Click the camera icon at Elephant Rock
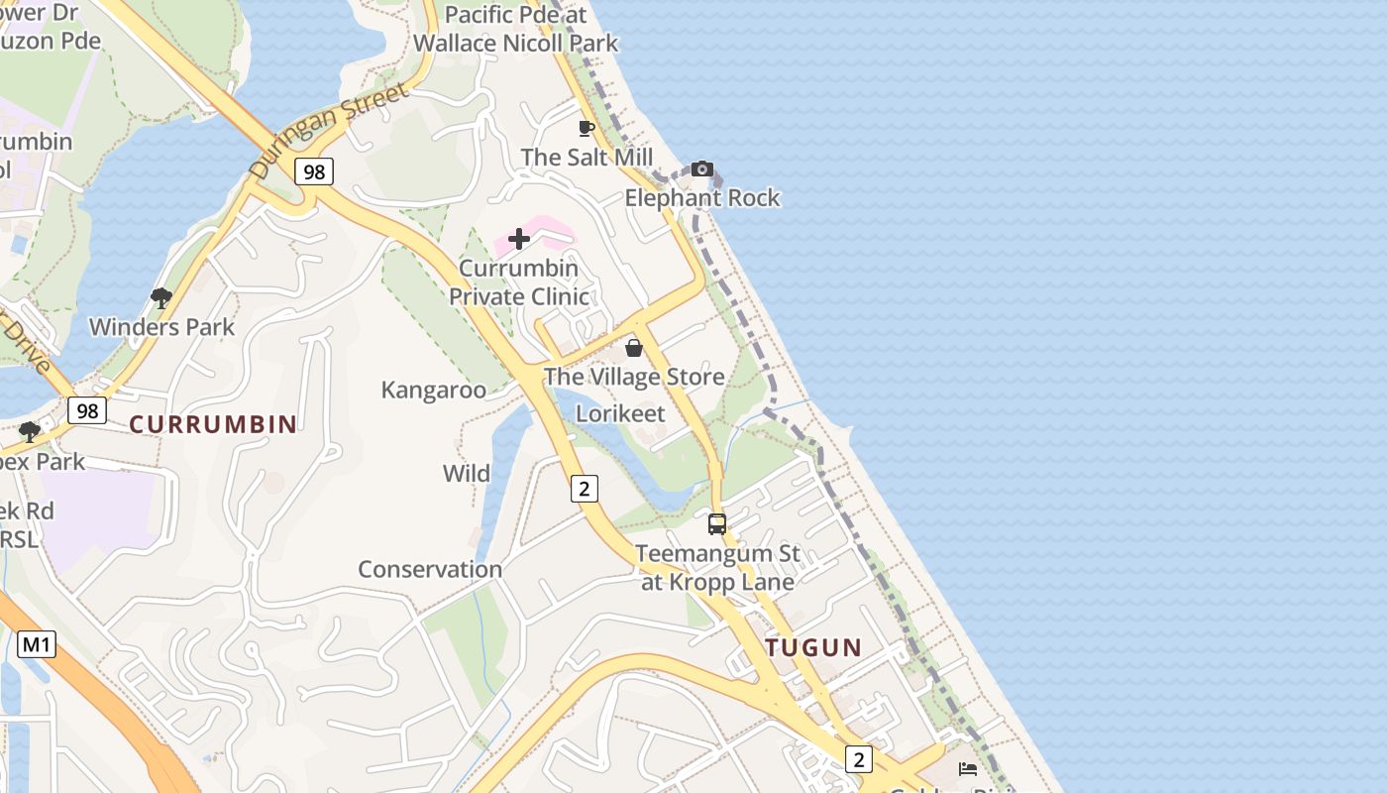tap(702, 169)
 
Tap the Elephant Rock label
tap(702, 198)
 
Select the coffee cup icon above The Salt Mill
tap(587, 128)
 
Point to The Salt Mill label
tap(587, 158)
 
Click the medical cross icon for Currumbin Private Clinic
tap(519, 239)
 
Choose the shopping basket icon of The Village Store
tap(634, 348)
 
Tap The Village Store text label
tap(634, 377)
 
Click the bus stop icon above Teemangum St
tap(717, 524)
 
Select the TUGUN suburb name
tap(813, 648)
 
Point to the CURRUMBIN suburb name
tap(213, 424)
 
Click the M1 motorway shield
tap(37, 645)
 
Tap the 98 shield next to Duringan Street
tap(313, 171)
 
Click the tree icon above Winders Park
tap(161, 297)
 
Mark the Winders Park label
tap(161, 327)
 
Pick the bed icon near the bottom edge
tap(968, 768)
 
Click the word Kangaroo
tap(433, 390)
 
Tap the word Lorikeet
tap(620, 413)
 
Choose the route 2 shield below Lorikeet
tap(585, 488)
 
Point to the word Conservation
tap(430, 569)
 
